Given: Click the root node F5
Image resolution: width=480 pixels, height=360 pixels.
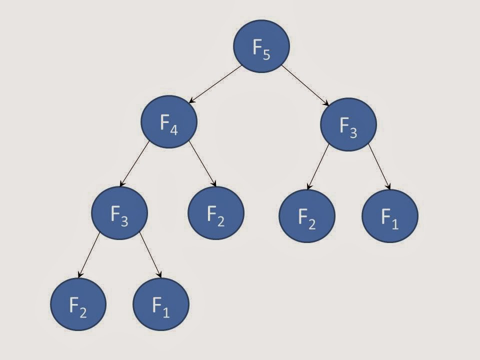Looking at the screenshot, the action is pos(261,46).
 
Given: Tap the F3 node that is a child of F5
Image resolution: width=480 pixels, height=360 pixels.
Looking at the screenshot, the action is pos(348,124).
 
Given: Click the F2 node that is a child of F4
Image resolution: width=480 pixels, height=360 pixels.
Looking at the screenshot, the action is pos(215,213).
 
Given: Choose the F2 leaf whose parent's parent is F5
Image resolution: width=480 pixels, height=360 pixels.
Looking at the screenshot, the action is pos(306,216).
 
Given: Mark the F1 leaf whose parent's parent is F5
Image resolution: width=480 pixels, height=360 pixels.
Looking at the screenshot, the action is pos(389,216).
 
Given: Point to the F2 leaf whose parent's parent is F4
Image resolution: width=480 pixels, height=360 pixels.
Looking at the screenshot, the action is pos(78,304).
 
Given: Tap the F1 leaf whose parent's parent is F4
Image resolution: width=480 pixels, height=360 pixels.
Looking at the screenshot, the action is pos(161,304).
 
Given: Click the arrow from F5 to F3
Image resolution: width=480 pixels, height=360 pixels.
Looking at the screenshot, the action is pos(304,85).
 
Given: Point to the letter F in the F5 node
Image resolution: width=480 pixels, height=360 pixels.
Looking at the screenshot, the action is pos(257,46).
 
